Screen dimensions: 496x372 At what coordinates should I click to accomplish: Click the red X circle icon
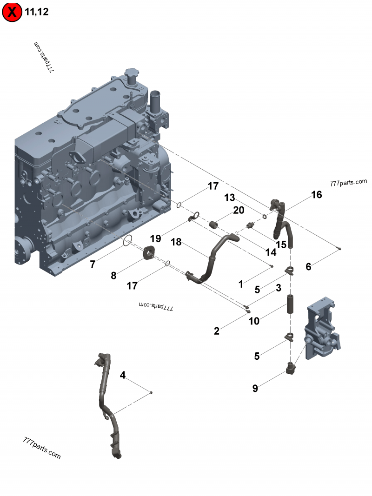pos(12,12)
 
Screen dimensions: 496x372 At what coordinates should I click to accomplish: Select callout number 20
pos(239,211)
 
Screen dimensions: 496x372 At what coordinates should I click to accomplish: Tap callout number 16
pos(316,195)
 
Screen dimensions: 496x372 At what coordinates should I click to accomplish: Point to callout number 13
pos(229,198)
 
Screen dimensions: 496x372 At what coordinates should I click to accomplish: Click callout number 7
pos(93,265)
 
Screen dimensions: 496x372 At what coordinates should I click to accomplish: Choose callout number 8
pos(113,276)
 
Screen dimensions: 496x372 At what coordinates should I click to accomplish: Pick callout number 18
pos(175,242)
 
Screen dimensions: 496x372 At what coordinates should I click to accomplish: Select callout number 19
pos(155,238)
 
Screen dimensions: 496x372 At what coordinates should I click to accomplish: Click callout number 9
pos(255,389)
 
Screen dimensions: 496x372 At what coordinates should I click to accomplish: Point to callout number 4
pos(123,375)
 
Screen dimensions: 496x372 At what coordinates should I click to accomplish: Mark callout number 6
pos(308,267)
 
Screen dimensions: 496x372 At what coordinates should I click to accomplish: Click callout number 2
pos(217,331)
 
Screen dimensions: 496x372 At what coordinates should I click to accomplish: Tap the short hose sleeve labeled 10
pos(291,304)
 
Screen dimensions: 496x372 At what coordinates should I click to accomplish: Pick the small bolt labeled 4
pos(151,393)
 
